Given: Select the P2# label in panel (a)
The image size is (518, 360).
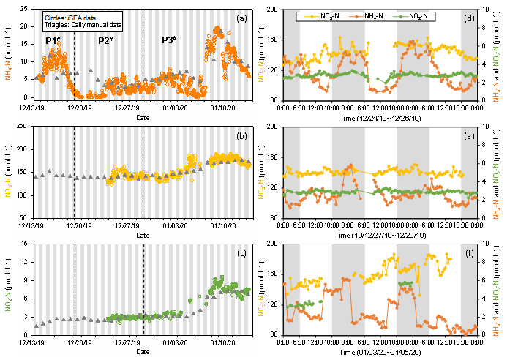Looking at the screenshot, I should [105, 40].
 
